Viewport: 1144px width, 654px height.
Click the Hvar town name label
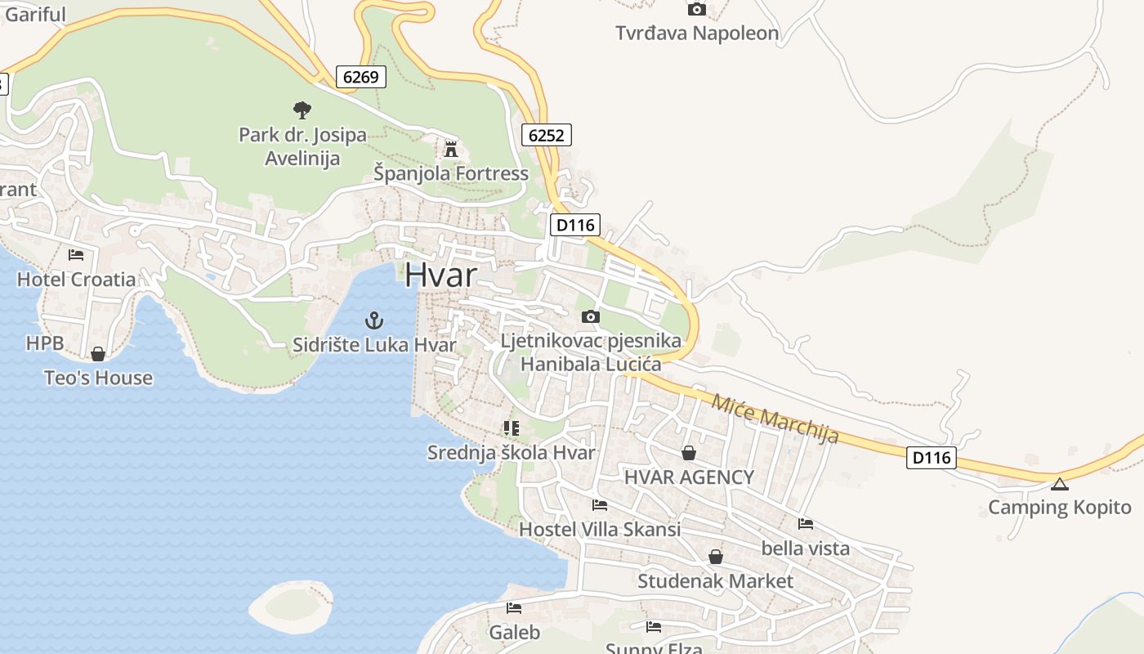click(440, 275)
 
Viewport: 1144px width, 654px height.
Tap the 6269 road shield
click(360, 77)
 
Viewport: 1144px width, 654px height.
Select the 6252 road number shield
click(546, 135)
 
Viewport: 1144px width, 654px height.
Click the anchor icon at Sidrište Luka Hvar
click(373, 320)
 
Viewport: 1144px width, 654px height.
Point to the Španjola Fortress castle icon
click(450, 149)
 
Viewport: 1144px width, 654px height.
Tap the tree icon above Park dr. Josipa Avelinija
click(302, 110)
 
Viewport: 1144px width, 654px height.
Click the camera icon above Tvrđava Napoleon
click(696, 10)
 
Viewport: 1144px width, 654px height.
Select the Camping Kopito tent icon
click(1059, 484)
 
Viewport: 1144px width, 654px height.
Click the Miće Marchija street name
click(775, 418)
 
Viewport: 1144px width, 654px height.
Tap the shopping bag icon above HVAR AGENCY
click(689, 453)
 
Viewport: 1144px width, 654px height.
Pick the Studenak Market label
click(715, 581)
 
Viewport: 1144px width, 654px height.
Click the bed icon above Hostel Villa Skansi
click(600, 505)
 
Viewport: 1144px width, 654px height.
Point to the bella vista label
click(805, 549)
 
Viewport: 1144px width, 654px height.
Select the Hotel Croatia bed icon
click(76, 255)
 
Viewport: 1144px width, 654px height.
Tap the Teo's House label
click(98, 378)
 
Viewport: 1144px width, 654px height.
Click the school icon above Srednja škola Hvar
click(512, 428)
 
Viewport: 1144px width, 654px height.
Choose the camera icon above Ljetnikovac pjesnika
click(590, 316)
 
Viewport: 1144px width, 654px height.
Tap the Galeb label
click(514, 632)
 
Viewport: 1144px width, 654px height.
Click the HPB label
click(44, 343)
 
